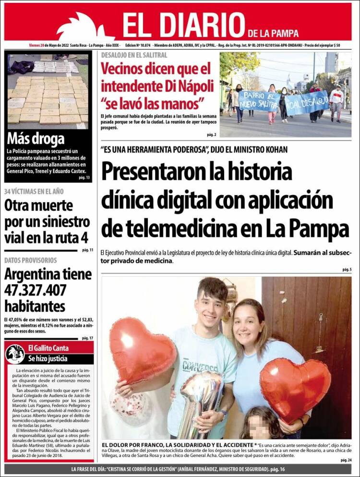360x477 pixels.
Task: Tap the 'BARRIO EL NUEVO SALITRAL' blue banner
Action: click(x=259, y=101)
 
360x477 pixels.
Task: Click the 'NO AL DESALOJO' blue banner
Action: click(x=307, y=102)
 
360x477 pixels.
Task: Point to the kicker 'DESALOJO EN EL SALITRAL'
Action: click(x=134, y=55)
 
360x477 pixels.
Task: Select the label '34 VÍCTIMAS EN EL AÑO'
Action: click(x=34, y=191)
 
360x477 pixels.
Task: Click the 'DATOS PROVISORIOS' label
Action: click(x=30, y=260)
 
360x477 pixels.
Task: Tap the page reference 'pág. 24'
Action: click(x=346, y=460)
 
